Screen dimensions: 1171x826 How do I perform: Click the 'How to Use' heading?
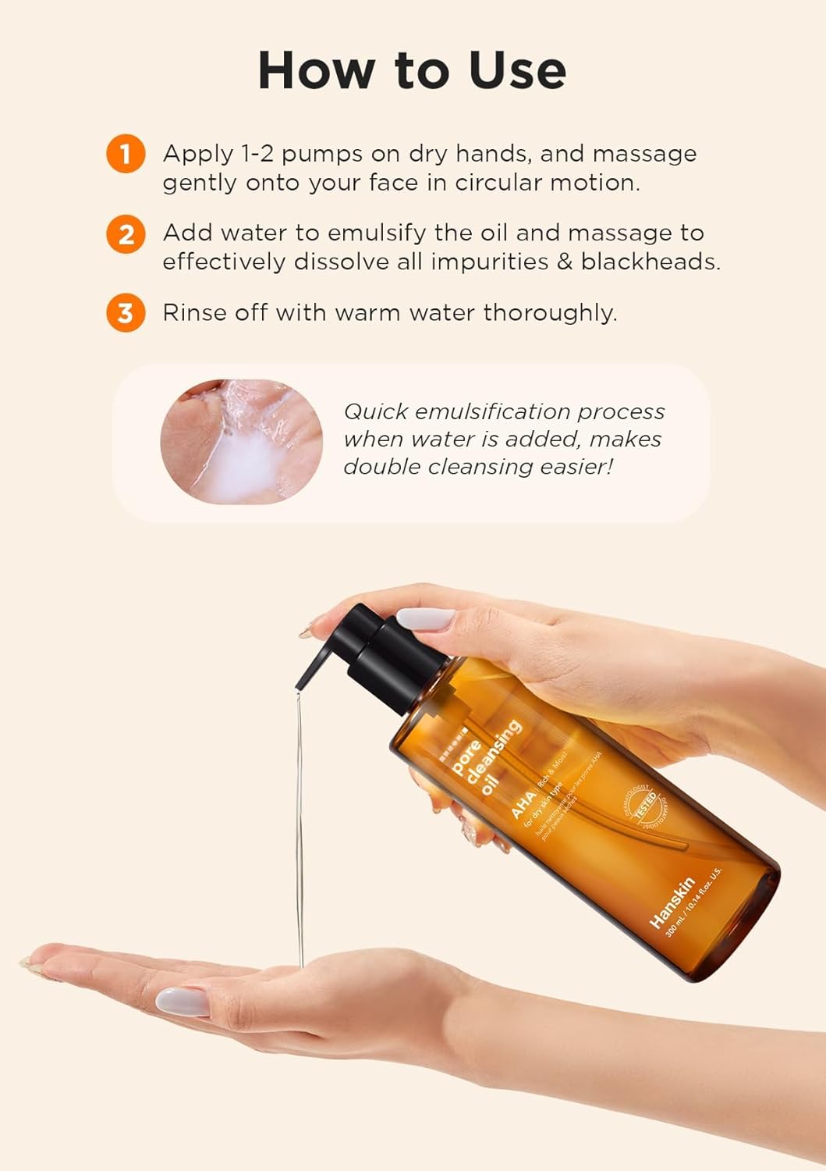pyautogui.click(x=412, y=70)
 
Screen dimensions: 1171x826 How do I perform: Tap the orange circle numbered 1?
pyautogui.click(x=126, y=153)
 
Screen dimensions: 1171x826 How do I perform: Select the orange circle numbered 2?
pyautogui.click(x=126, y=233)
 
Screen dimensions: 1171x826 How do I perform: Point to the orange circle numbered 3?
pyautogui.click(x=126, y=313)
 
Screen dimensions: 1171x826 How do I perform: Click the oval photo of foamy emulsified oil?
pyautogui.click(x=241, y=441)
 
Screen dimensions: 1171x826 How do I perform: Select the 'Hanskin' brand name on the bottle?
pyautogui.click(x=672, y=902)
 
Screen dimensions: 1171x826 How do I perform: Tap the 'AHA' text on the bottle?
pyautogui.click(x=523, y=804)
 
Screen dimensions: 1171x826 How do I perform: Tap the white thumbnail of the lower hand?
pyautogui.click(x=182, y=1001)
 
